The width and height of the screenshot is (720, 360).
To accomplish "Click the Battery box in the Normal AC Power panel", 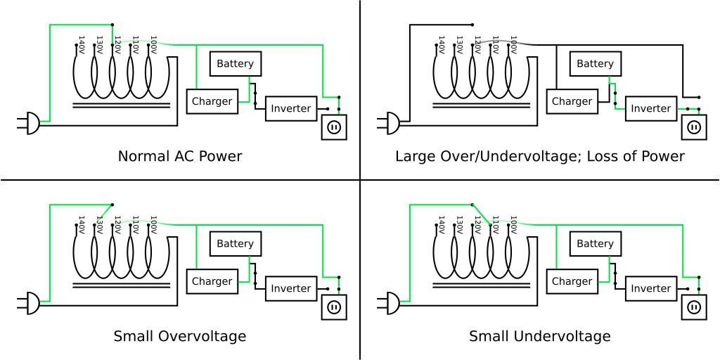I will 235,64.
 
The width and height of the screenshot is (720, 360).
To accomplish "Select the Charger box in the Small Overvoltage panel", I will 212,281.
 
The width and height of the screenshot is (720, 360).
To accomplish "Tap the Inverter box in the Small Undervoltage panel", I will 650,288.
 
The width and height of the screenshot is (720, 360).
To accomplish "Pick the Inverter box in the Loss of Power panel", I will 650,108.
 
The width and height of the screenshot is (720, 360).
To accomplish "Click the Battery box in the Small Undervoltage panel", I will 595,244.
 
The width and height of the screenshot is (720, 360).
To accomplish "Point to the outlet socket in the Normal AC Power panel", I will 334,127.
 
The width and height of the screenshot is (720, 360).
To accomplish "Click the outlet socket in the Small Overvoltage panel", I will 334,307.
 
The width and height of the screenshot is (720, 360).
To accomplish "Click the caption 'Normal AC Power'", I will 180,156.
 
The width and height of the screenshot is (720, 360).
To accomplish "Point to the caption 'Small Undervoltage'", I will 540,336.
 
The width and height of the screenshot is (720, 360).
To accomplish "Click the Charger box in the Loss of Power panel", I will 572,101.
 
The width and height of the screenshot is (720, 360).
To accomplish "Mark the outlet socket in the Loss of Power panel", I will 694,127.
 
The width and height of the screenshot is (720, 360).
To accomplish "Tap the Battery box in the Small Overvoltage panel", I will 235,244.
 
